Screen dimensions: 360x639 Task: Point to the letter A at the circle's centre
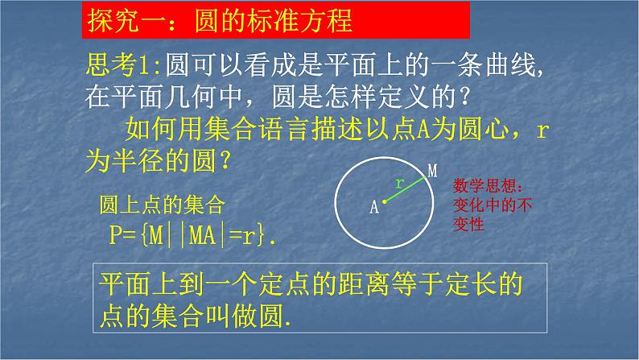click(373, 207)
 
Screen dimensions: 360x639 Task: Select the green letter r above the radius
click(398, 183)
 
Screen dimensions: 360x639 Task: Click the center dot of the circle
click(383, 202)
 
